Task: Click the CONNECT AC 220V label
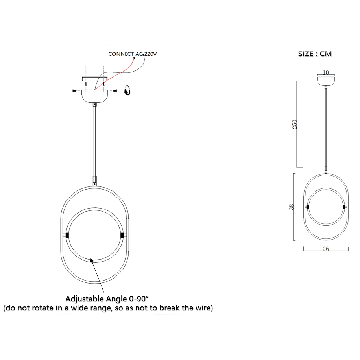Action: pyautogui.click(x=133, y=54)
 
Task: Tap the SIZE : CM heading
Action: pyautogui.click(x=315, y=54)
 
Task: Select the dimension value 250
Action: pyautogui.click(x=295, y=124)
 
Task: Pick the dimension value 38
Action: pyautogui.click(x=292, y=207)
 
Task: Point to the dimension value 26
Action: pyautogui.click(x=325, y=249)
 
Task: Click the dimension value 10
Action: pyautogui.click(x=326, y=72)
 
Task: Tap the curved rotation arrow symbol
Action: pyautogui.click(x=127, y=90)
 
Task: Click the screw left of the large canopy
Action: pyautogui.click(x=75, y=91)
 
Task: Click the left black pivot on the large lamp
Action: pyautogui.click(x=67, y=235)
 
